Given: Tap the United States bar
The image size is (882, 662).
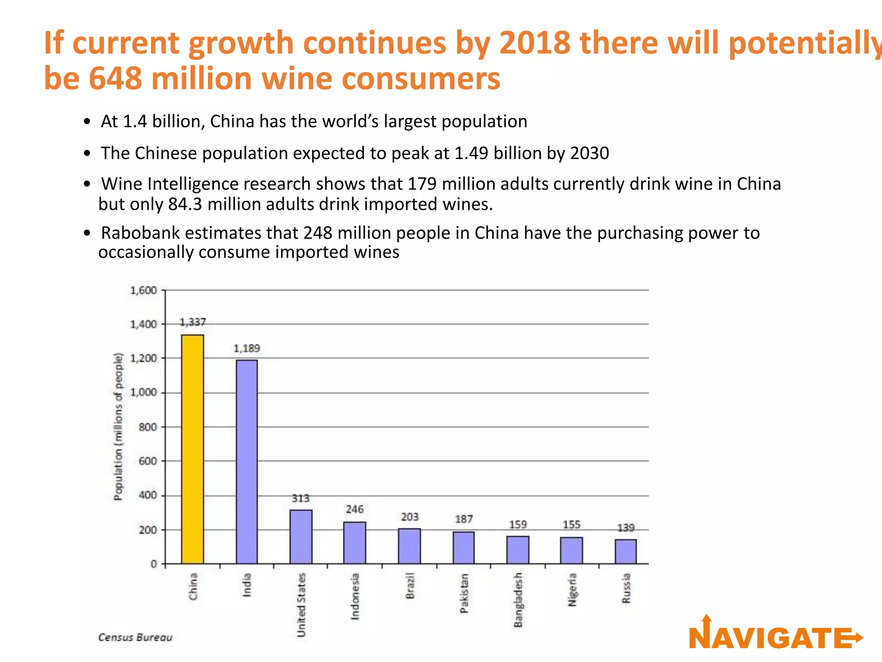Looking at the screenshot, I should tap(301, 537).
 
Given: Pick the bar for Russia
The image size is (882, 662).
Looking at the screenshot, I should tap(625, 551).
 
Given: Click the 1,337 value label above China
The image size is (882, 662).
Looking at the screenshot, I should tap(193, 322).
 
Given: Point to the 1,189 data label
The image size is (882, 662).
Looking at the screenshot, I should tap(247, 348).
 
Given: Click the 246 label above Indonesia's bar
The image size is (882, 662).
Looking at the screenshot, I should tap(355, 509).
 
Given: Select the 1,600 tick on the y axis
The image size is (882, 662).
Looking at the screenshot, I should tap(143, 290).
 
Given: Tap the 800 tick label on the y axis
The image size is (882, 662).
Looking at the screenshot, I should tap(147, 427).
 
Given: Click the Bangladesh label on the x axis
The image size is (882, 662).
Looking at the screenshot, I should tap(518, 600).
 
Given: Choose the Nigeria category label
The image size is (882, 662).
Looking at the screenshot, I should tap(572, 589).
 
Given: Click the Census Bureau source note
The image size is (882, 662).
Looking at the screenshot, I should tap(135, 637).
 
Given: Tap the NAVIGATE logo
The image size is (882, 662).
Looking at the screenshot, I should tap(775, 636).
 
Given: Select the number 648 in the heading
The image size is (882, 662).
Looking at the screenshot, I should tap(115, 78).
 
